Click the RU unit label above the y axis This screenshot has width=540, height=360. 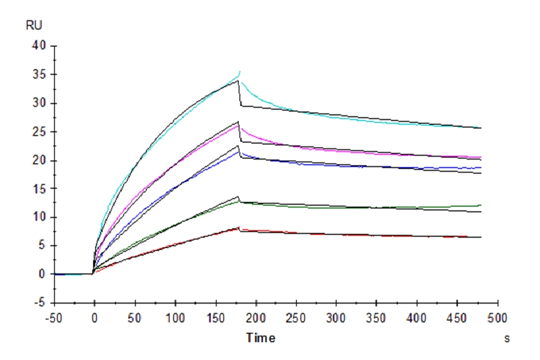pos(34,25)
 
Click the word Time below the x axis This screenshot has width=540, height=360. pos(261,338)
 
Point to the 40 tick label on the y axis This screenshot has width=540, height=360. pos(40,46)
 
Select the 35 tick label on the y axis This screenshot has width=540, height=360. pos(40,75)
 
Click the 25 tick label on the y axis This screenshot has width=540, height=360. pos(40,132)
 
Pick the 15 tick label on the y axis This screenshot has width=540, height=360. pos(40,188)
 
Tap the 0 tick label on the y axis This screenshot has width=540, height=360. pos(43,274)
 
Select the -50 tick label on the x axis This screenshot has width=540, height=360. pos(53,317)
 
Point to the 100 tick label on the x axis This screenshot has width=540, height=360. pos(175,317)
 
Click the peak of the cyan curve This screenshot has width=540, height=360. pos(240,71)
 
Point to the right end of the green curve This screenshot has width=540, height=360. pos(481,205)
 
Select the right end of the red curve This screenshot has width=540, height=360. pos(481,238)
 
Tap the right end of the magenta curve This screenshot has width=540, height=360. pos(481,157)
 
